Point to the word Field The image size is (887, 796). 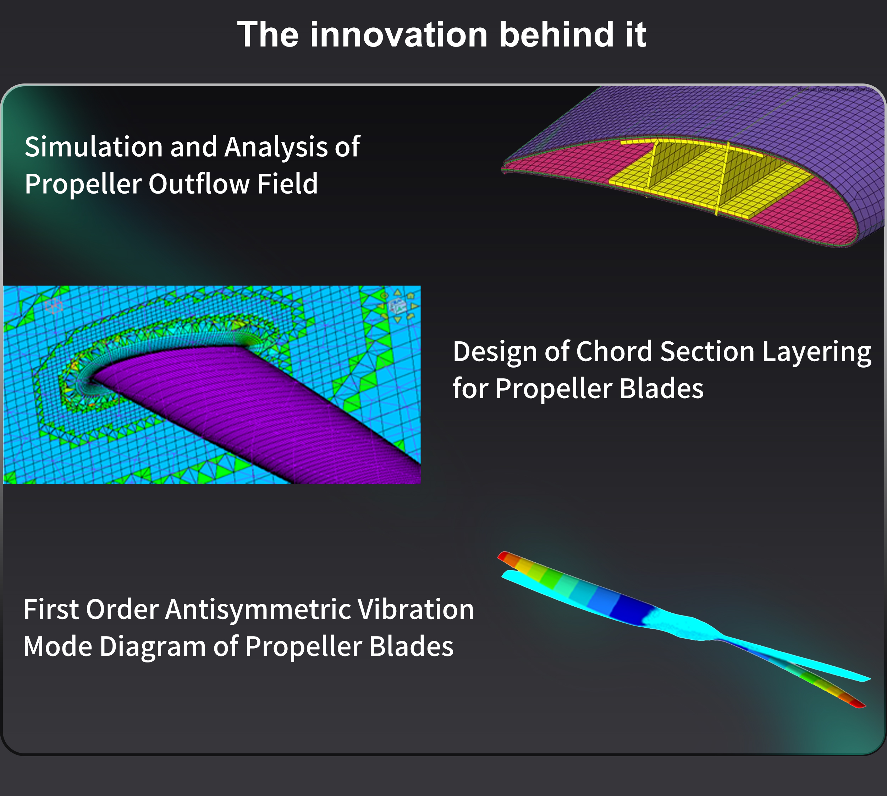click(287, 183)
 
